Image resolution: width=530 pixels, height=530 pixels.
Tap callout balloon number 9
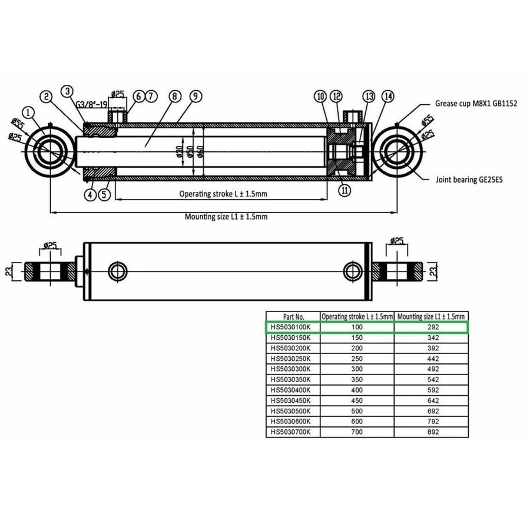[x=196, y=96]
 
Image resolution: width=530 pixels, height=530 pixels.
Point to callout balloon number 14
[x=387, y=96]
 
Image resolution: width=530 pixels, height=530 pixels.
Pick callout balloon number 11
[x=344, y=190]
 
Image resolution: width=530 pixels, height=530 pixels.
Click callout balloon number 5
[x=104, y=193]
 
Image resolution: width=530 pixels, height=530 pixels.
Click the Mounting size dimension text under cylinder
[x=226, y=216]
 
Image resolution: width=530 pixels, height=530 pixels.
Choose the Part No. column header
[x=293, y=316]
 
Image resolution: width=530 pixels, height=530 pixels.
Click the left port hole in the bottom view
[x=117, y=271]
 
